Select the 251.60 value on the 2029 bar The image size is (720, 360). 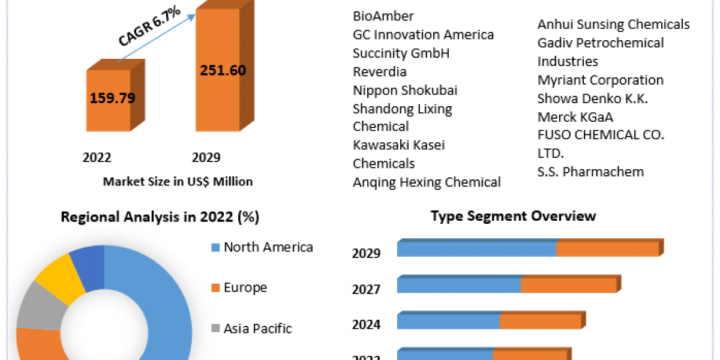coord(223,70)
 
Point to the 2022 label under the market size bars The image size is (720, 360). coord(97,158)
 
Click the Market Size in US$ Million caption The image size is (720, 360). coord(178,181)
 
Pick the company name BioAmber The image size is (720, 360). coord(383,16)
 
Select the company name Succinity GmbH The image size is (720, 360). coord(401,53)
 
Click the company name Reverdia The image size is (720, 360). coord(380,71)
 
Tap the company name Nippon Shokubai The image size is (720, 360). coord(405,90)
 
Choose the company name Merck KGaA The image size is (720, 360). coord(575,116)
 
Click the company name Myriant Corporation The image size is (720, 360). coord(600,80)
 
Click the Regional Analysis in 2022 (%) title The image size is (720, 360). coord(160,217)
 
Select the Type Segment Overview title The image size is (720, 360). coord(513,216)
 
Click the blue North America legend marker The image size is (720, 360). coord(215,247)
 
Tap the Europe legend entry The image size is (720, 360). coord(245,287)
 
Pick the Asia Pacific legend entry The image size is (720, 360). coord(257,328)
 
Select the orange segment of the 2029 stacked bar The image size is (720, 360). coord(607,249)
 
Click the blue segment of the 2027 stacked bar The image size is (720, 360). coord(459,285)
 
